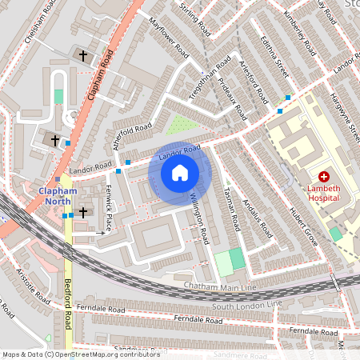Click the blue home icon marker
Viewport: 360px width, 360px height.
pos(180,172)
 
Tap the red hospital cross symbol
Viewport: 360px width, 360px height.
pos(324,176)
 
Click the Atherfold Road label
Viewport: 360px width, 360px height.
pos(133,135)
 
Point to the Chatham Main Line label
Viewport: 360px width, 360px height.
pos(219,286)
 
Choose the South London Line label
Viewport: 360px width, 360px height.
pos(249,304)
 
